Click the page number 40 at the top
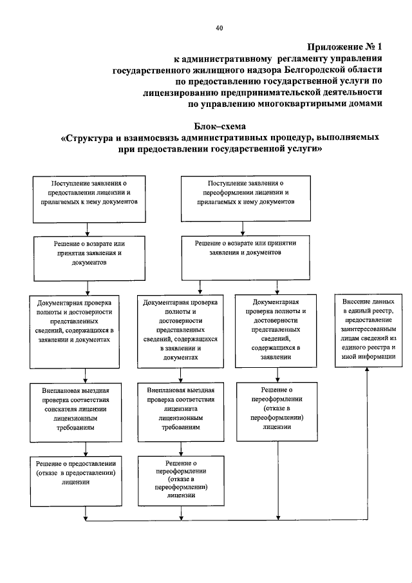click(219, 28)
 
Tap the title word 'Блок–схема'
click(219, 126)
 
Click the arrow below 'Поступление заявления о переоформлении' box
click(243, 227)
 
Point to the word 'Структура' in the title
click(91, 138)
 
